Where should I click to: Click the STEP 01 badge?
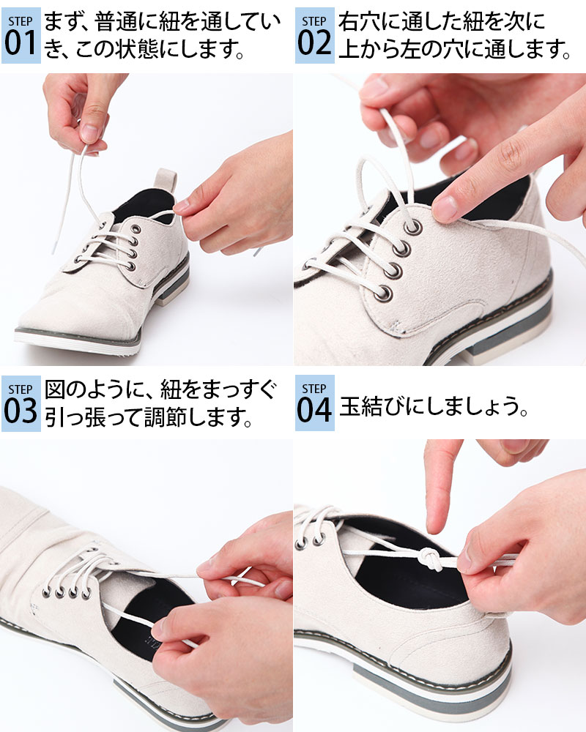coord(21,35)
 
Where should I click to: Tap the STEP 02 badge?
coord(314,35)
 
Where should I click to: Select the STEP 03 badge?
coord(21,403)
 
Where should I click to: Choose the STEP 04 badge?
coord(314,403)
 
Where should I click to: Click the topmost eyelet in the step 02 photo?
coord(413,228)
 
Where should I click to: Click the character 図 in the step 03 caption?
coord(54,389)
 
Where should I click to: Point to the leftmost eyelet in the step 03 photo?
coord(47,592)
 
